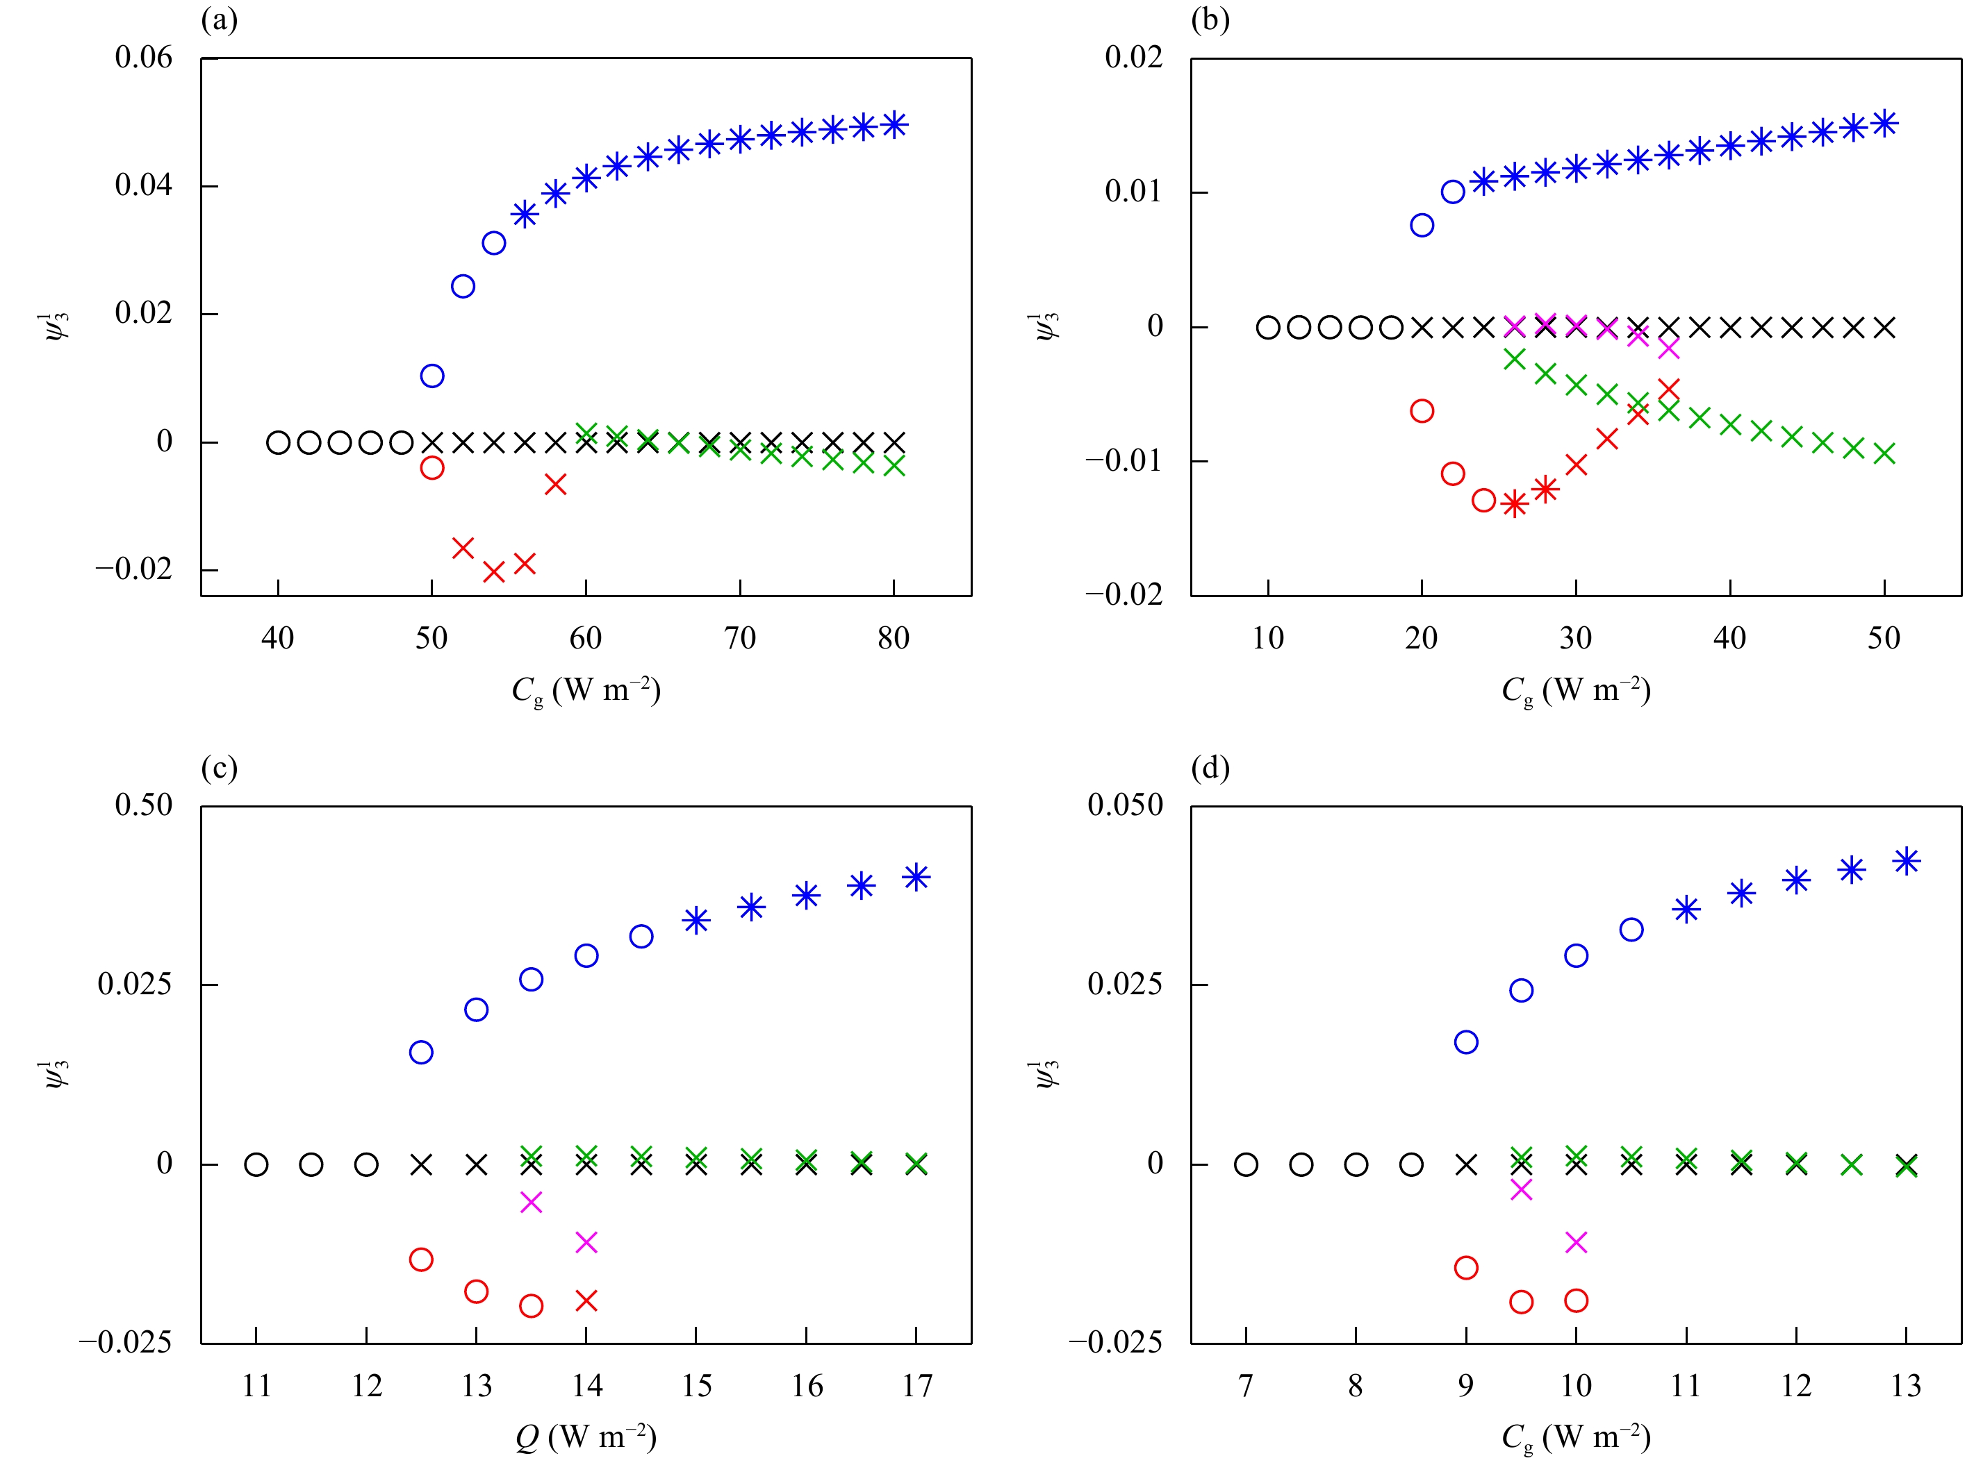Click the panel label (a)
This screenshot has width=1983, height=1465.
tap(219, 19)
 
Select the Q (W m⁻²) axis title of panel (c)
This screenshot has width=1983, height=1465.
tap(586, 1437)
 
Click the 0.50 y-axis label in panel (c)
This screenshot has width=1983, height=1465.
tap(144, 806)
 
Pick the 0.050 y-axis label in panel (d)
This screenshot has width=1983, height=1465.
tap(1125, 806)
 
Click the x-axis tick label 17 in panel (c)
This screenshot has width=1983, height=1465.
tap(916, 1386)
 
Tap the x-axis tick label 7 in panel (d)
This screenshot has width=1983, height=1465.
tap(1246, 1386)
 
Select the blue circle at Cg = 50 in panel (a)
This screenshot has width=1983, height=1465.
tap(432, 376)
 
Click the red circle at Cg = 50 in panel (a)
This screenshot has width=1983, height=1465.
tap(432, 467)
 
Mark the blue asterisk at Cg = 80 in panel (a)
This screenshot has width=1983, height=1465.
tap(894, 124)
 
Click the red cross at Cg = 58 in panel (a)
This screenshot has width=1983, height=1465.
tap(555, 484)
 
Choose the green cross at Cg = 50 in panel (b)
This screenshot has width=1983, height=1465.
tap(1884, 454)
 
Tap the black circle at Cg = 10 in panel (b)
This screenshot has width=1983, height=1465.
tap(1268, 327)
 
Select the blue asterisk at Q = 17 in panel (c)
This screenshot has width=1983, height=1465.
tap(916, 878)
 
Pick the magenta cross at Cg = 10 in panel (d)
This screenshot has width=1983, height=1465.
tap(1576, 1242)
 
